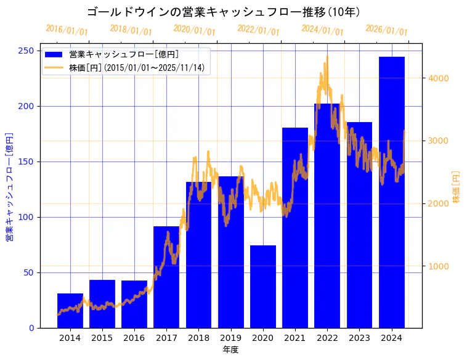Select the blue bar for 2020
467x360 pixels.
pyautogui.click(x=263, y=287)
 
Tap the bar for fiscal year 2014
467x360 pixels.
pyautogui.click(x=70, y=311)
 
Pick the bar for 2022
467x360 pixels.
pyautogui.click(x=327, y=216)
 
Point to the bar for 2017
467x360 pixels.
pyautogui.click(x=166, y=277)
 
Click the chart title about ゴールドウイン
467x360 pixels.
pyautogui.click(x=224, y=12)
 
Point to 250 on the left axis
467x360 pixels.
pyautogui.click(x=26, y=51)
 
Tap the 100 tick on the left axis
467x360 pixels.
pyautogui.click(x=26, y=217)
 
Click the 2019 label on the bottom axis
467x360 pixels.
pyautogui.click(x=230, y=338)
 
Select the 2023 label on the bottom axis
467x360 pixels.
pyautogui.click(x=359, y=338)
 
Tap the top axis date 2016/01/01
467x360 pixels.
pyautogui.click(x=67, y=30)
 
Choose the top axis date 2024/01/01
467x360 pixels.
pyautogui.click(x=322, y=30)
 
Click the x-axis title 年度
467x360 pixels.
pyautogui.click(x=230, y=350)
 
